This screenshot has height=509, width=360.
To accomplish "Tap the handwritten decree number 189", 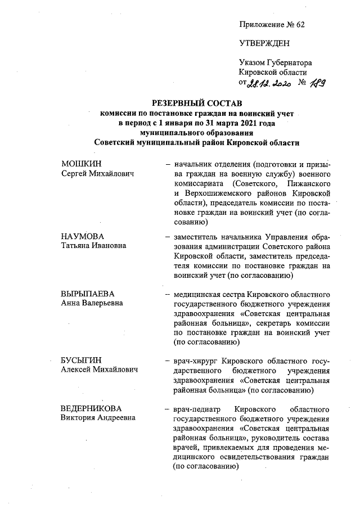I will (317, 83).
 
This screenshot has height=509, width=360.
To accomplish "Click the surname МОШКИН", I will (78, 164).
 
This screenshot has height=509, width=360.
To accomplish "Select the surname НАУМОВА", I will (82, 236).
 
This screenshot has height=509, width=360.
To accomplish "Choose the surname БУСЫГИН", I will (80, 360).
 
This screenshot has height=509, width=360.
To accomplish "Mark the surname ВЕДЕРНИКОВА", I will (91, 407).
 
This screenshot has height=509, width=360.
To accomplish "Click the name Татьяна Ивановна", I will (93, 246).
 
